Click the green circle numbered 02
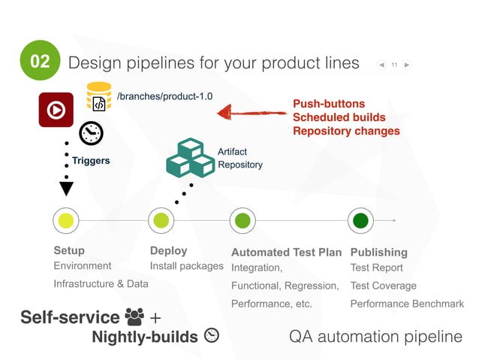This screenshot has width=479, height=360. [40, 60]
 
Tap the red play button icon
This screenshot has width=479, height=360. [56, 110]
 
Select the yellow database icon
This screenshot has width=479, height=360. [99, 98]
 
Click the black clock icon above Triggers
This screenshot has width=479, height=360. [91, 133]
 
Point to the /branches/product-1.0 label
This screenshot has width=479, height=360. [164, 96]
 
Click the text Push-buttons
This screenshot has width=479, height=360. [328, 104]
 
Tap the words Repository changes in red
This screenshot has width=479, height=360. [345, 131]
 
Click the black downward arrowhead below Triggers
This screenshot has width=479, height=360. [66, 188]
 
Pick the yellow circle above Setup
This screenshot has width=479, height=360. [66, 221]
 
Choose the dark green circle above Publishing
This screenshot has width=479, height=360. [360, 221]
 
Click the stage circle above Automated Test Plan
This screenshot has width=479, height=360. [242, 221]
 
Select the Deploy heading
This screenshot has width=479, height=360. [168, 251]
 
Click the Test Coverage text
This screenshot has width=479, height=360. [383, 286]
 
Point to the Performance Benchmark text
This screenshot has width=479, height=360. [406, 304]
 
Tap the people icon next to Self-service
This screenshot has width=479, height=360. [135, 317]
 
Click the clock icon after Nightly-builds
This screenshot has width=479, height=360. [212, 336]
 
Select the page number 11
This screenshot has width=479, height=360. [393, 65]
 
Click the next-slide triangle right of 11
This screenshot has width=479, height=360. [406, 65]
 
